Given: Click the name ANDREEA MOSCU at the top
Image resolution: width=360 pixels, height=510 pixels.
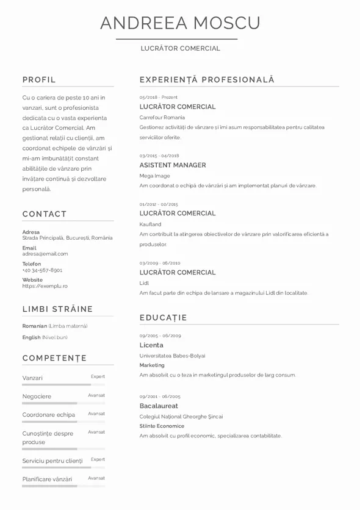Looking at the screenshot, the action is (180, 23).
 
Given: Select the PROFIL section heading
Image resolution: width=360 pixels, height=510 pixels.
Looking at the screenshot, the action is (39, 79).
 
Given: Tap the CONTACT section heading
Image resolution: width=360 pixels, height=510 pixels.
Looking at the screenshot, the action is (45, 214).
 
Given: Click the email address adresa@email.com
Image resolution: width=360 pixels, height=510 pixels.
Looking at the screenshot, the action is (45, 254).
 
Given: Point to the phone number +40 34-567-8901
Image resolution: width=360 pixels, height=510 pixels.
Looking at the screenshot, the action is (42, 270).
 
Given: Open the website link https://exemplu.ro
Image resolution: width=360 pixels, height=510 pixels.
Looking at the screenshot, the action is (45, 286).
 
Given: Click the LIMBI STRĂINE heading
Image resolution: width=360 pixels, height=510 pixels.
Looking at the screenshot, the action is (57, 309).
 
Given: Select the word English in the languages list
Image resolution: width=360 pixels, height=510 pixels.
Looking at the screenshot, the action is (31, 337).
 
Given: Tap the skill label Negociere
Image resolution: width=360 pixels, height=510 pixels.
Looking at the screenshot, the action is (37, 397).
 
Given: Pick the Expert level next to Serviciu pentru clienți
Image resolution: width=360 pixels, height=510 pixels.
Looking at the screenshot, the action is (98, 459).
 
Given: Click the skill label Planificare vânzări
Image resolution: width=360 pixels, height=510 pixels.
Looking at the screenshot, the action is (47, 479).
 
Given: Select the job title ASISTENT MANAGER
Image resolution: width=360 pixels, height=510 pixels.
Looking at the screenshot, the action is (173, 165).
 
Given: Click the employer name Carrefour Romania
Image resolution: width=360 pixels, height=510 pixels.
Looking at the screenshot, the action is (162, 117).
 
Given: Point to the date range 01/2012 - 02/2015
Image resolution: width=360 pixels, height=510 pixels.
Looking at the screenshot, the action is (159, 204).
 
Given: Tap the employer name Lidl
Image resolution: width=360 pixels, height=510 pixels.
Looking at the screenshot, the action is (144, 283).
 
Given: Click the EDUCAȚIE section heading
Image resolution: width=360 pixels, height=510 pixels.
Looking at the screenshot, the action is (163, 318).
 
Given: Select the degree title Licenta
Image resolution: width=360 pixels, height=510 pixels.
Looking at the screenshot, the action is (151, 345).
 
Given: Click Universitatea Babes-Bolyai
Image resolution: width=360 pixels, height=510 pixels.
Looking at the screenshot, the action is (172, 356).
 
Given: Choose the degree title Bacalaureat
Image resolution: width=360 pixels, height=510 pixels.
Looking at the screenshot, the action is (159, 406).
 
